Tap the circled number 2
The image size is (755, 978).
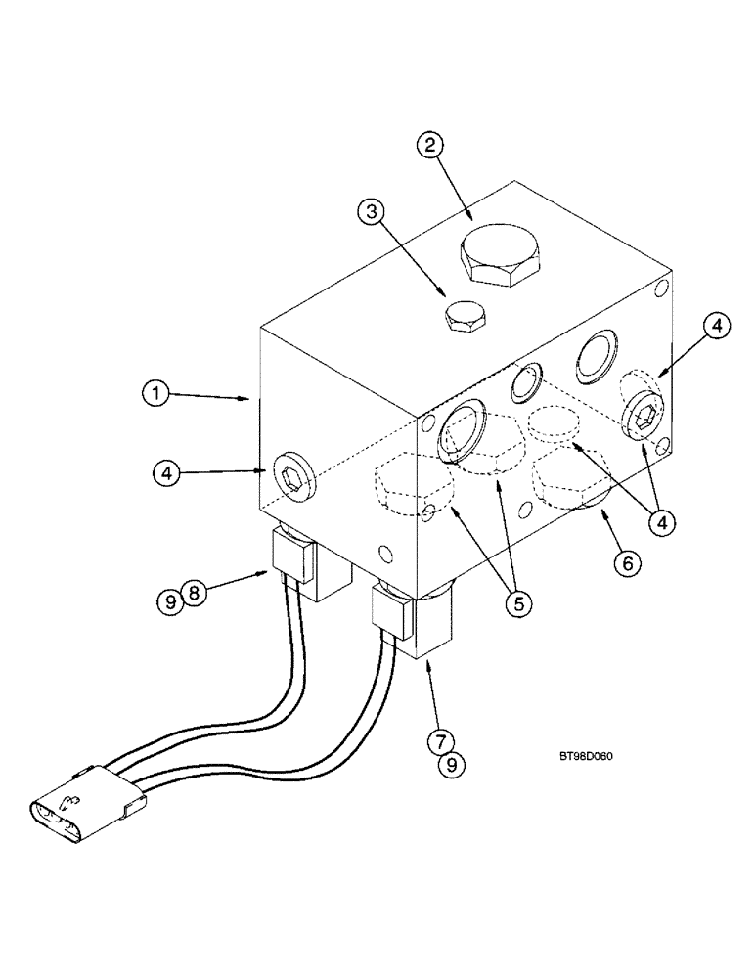[430, 146]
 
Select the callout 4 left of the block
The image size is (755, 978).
[167, 472]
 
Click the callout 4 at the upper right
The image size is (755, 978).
[716, 328]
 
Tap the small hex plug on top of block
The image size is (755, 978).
[464, 317]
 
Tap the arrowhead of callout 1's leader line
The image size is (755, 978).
[251, 398]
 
